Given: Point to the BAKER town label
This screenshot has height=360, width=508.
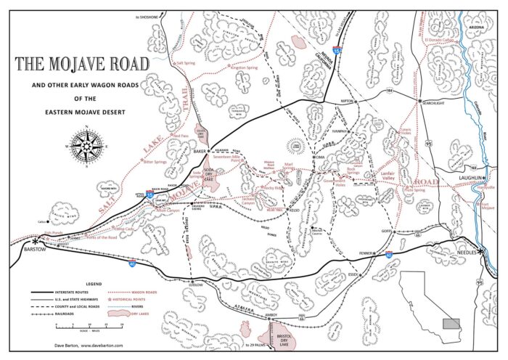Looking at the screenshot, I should (x=200, y=151).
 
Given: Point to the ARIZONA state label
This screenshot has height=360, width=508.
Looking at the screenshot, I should (x=475, y=26).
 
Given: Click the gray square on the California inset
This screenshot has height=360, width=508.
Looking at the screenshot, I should (x=452, y=323).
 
